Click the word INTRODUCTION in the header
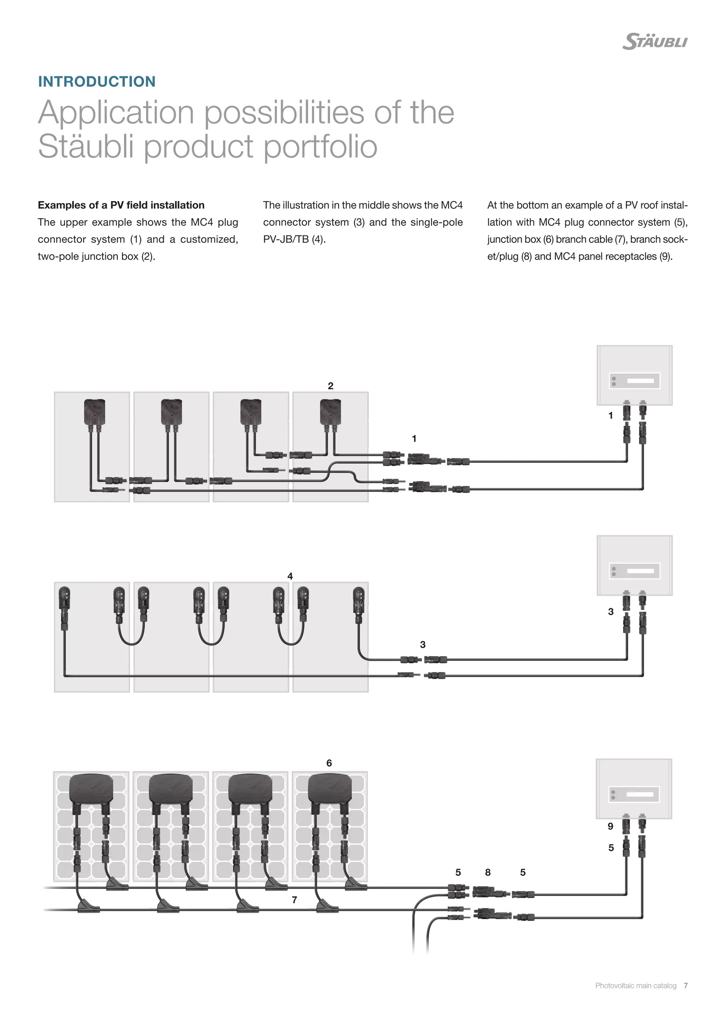coord(96,81)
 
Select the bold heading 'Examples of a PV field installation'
coord(121,205)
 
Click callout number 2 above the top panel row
coord(330,386)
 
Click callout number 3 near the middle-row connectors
coord(423,645)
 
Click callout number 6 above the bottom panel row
coord(329,763)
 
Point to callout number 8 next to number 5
coord(487,872)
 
